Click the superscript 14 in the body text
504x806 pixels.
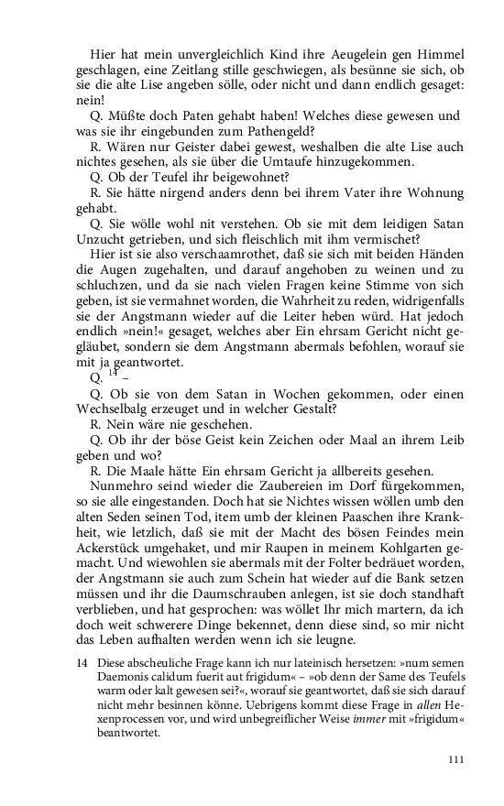114,373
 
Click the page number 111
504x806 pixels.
455,759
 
